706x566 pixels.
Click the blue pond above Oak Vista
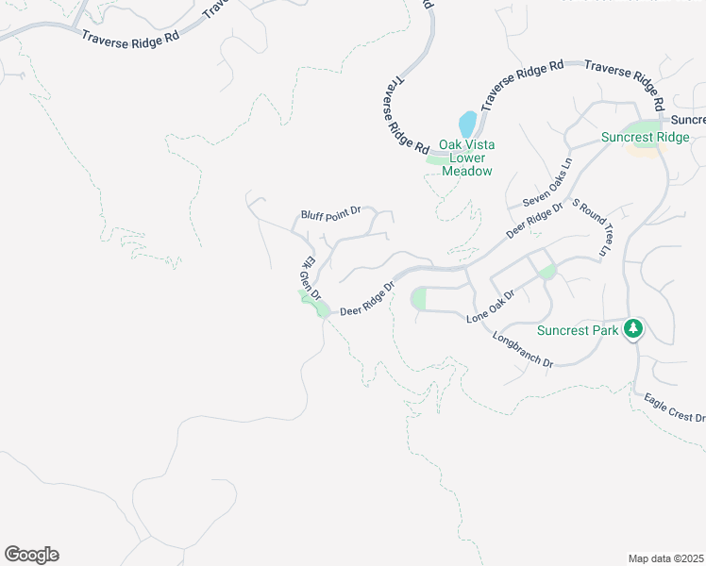pos(466,125)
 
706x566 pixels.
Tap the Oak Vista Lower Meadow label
pos(466,158)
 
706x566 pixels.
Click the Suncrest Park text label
pos(578,330)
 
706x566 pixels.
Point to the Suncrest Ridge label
pos(646,138)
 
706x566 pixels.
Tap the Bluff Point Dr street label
pos(331,215)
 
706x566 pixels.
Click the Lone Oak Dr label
pos(491,308)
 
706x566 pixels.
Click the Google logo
pos(31,555)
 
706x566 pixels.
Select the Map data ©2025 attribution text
pos(665,558)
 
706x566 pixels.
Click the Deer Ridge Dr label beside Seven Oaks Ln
pos(534,219)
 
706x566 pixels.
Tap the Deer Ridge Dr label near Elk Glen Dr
pos(365,297)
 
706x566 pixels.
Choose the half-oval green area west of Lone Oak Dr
pos(419,299)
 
